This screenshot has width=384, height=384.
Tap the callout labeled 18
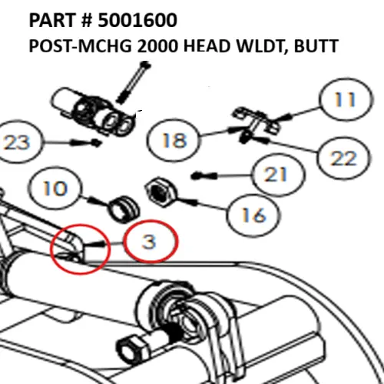[174, 141]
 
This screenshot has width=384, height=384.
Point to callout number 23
[21, 142]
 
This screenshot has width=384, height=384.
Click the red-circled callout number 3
[150, 241]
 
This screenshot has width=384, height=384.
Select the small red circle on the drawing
[76, 244]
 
